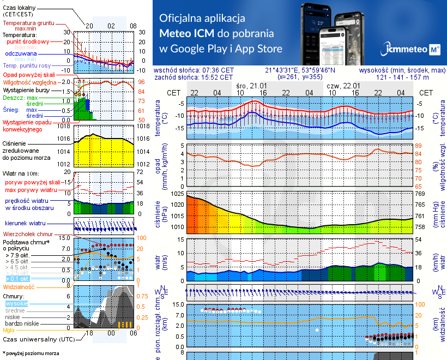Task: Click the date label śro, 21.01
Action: pos(251,86)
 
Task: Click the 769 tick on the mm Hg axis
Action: pos(421,194)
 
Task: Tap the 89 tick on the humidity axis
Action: pos(419,146)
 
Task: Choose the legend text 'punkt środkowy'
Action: pos(28,41)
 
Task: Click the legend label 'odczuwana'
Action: pos(21,54)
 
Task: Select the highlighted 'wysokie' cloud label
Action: pos(16,303)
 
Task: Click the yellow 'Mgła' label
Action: pos(9,330)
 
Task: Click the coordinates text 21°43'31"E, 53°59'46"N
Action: pos(300,70)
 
